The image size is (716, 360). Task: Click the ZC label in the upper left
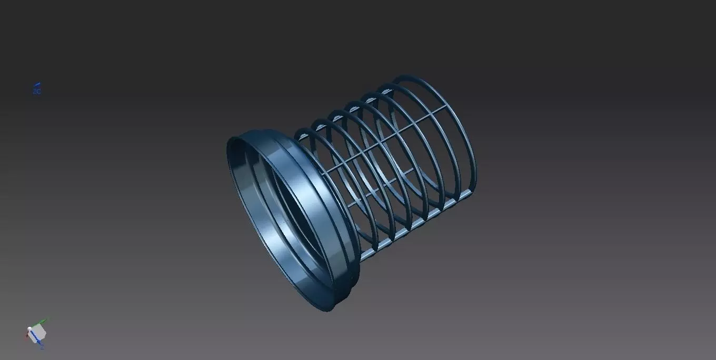37,92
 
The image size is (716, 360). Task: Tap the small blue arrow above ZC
37,85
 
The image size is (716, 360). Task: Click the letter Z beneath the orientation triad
42,347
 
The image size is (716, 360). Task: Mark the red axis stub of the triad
26,336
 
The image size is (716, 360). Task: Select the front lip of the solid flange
247,221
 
